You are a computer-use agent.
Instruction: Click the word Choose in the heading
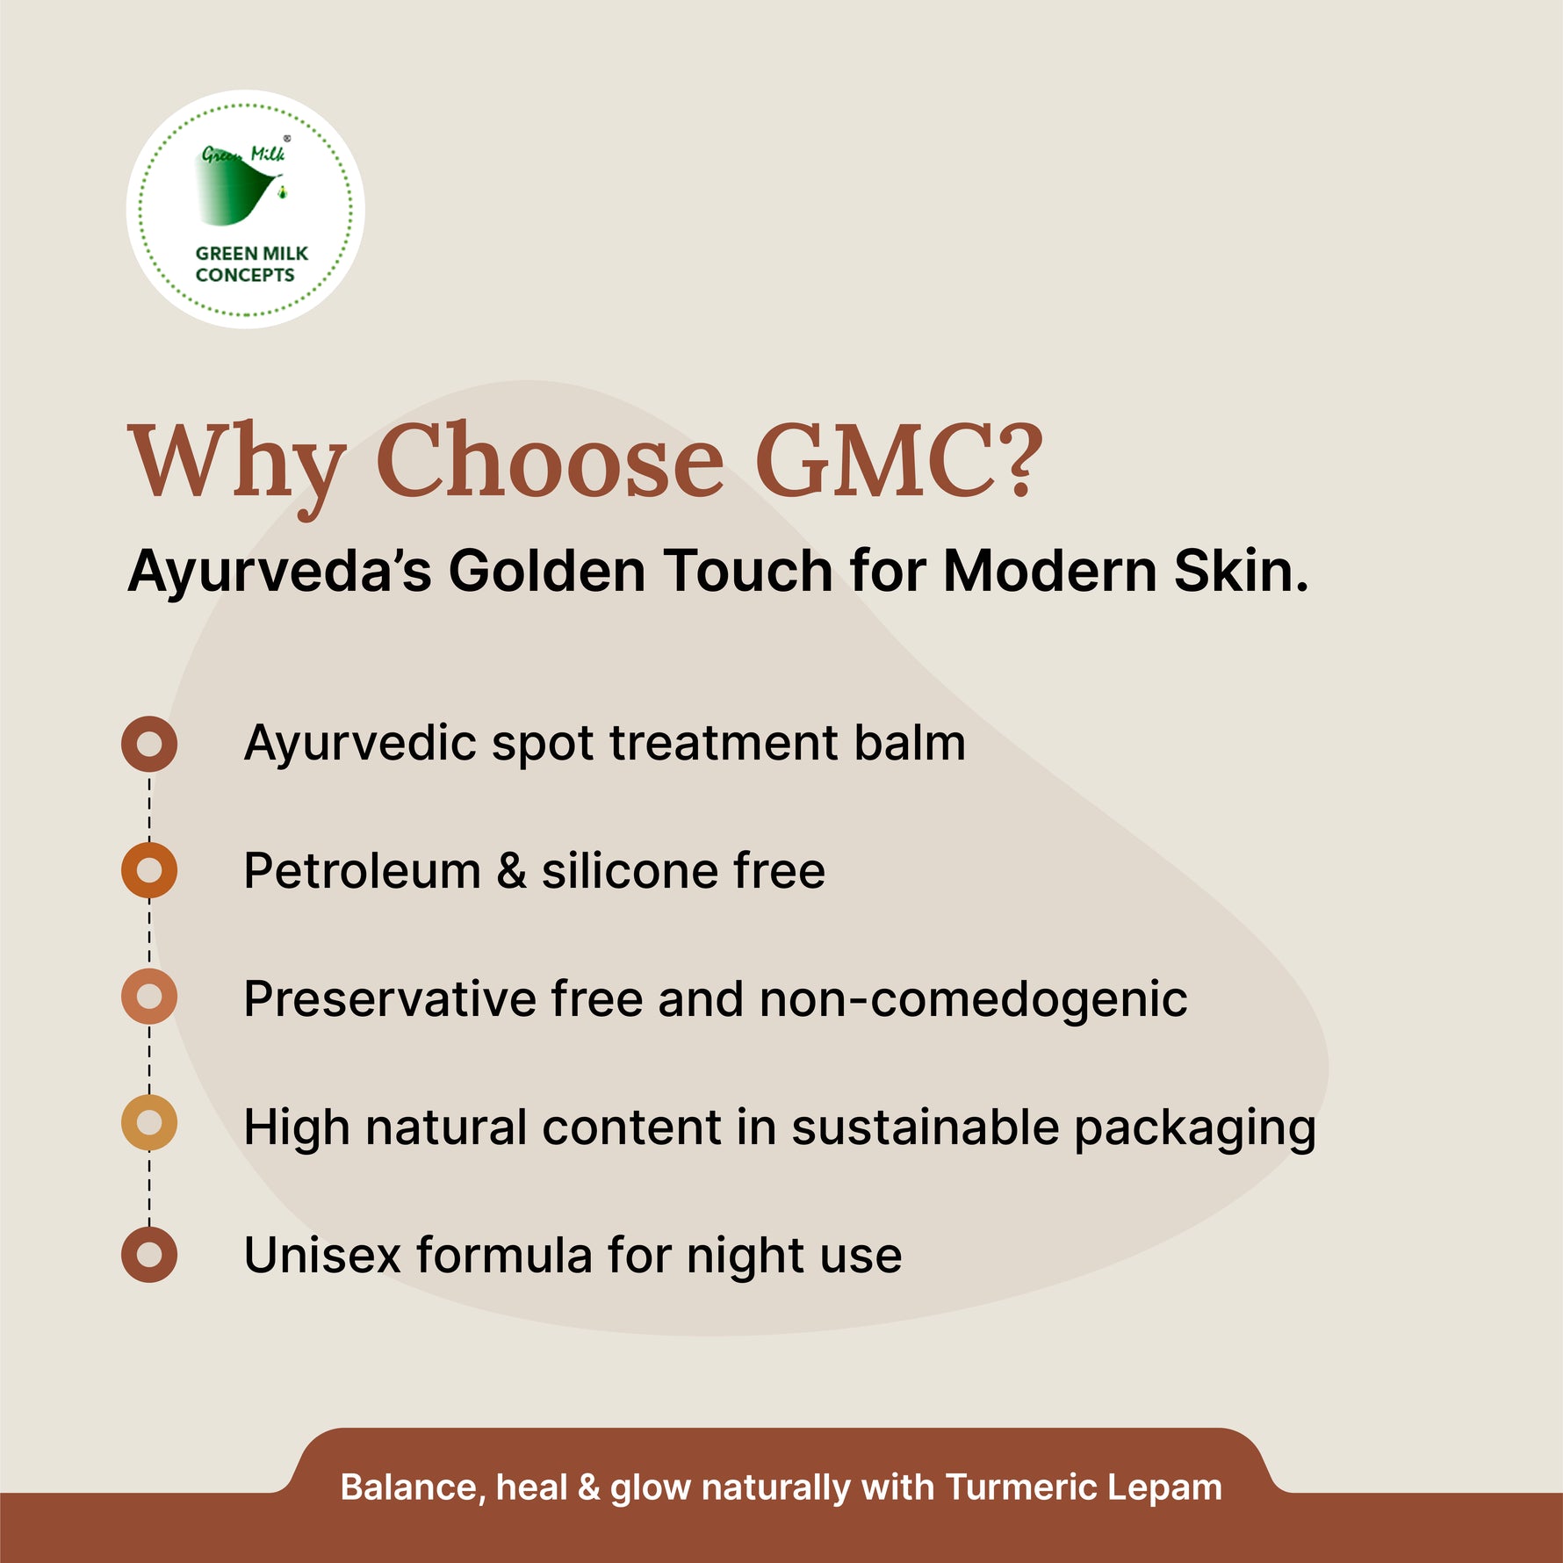(550, 462)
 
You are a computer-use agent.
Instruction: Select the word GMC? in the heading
(898, 462)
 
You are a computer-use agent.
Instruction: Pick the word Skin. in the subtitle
(1241, 571)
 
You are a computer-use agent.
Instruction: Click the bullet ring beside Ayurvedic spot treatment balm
(149, 744)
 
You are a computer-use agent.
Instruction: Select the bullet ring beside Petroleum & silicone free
(149, 870)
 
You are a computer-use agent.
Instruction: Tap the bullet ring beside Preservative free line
(149, 997)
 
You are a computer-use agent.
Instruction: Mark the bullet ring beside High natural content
(149, 1123)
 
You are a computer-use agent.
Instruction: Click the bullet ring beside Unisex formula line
(149, 1255)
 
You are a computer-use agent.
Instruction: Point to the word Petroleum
(362, 871)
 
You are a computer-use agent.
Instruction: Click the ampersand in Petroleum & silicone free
(511, 871)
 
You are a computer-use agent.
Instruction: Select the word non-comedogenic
(973, 1000)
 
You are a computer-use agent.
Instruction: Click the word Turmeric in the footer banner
(1021, 1487)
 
